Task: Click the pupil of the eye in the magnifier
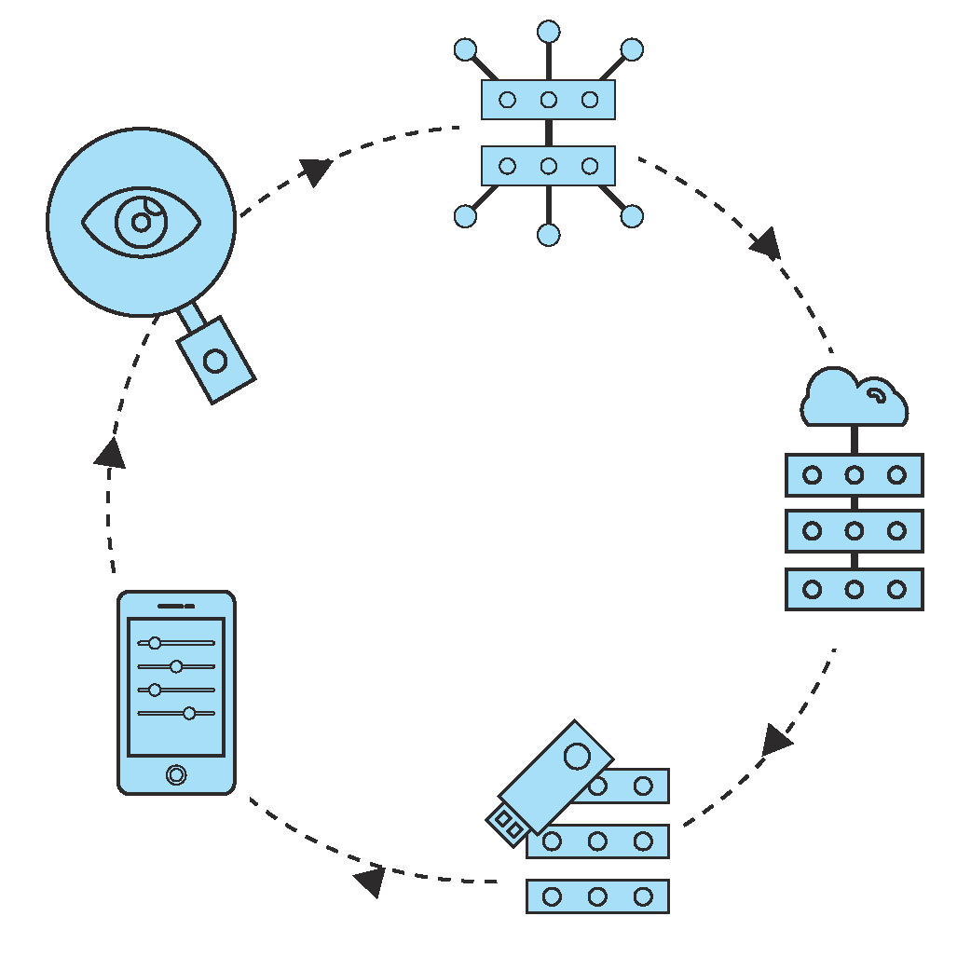[141, 222]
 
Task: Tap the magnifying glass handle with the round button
[215, 360]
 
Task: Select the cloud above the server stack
[854, 398]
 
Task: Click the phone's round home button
[176, 774]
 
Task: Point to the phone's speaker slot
[175, 606]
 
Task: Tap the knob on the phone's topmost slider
[155, 643]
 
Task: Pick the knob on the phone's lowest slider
[189, 713]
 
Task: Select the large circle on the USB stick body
[578, 755]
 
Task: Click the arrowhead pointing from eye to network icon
[318, 171]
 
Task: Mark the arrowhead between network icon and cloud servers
[766, 244]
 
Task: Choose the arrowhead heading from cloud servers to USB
[774, 741]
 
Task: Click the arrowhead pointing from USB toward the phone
[371, 880]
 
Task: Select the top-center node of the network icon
[549, 32]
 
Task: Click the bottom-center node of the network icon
[549, 234]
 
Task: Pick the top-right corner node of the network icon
[632, 49]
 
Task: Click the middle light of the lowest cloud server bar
[855, 589]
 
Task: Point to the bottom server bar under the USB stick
[597, 896]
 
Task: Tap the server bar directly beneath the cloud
[855, 475]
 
